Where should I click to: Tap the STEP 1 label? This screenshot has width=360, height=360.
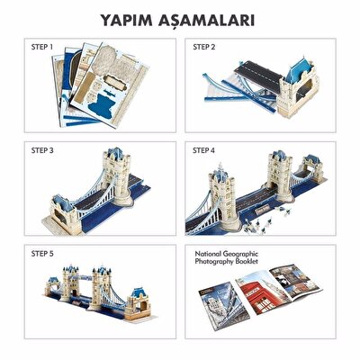[40, 46]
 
